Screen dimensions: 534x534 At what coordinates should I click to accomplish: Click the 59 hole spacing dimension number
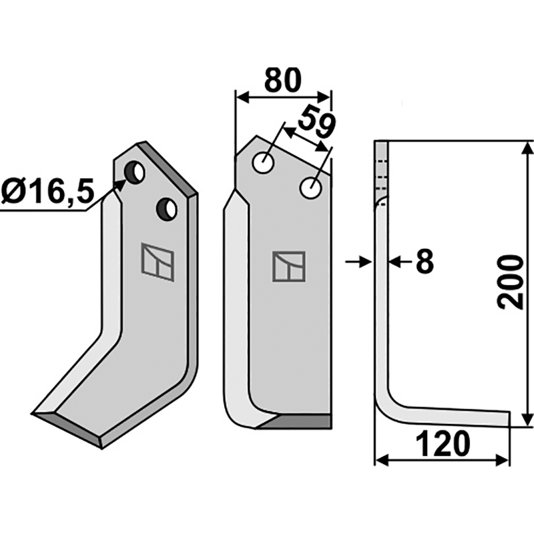coord(316,121)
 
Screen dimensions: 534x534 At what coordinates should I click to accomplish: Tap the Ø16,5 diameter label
coord(47,192)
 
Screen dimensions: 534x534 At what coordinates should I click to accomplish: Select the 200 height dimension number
coord(510,282)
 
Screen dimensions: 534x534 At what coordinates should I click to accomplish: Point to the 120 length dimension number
coord(443,444)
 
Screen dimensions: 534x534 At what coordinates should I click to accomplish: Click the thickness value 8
coord(425,262)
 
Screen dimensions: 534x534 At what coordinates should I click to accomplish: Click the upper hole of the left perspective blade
coord(135,172)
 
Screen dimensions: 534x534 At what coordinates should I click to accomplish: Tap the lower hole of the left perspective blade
coord(166,209)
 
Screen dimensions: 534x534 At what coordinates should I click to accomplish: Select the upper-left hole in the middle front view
coord(263,163)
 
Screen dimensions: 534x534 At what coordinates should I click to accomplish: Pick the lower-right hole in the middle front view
coord(310,188)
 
